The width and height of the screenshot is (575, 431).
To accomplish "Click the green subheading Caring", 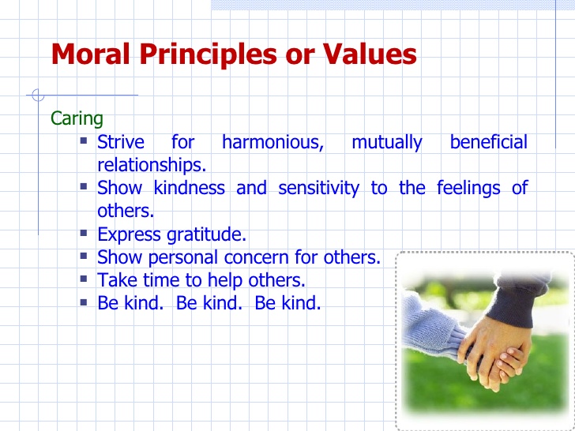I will pyautogui.click(x=77, y=118).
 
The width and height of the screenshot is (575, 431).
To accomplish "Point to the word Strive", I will pyautogui.click(x=121, y=143).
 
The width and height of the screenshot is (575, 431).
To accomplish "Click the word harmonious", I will pyautogui.click(x=272, y=143).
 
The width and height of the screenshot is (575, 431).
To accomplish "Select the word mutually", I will pyautogui.click(x=386, y=143).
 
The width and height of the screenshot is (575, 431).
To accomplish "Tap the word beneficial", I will pyautogui.click(x=488, y=143).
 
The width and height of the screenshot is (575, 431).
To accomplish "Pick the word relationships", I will pyautogui.click(x=151, y=166).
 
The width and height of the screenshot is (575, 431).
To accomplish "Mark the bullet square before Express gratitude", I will pyautogui.click(x=85, y=234).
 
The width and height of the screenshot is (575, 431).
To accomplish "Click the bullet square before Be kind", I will pyautogui.click(x=85, y=302).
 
